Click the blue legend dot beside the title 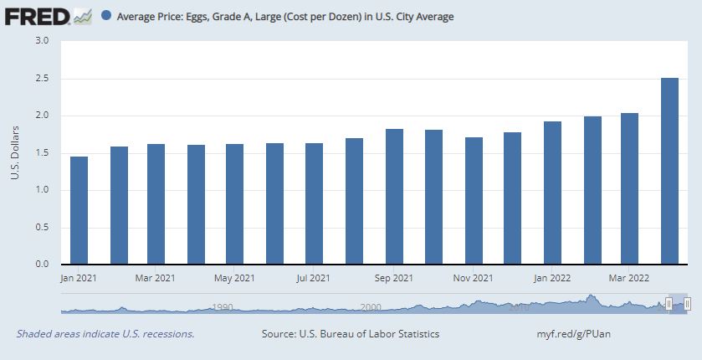[x=106, y=16]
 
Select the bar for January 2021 [x=79, y=210]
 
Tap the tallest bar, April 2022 [x=669, y=171]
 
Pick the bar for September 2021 [x=394, y=197]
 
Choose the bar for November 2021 [x=474, y=201]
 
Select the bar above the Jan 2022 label [x=552, y=193]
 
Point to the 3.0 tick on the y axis [x=43, y=41]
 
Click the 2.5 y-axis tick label [x=43, y=79]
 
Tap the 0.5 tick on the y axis [x=43, y=228]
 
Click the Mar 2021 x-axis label [x=155, y=278]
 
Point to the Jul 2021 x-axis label [x=314, y=278]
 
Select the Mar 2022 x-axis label [x=628, y=278]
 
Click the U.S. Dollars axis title [x=15, y=152]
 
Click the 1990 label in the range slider [x=222, y=307]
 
